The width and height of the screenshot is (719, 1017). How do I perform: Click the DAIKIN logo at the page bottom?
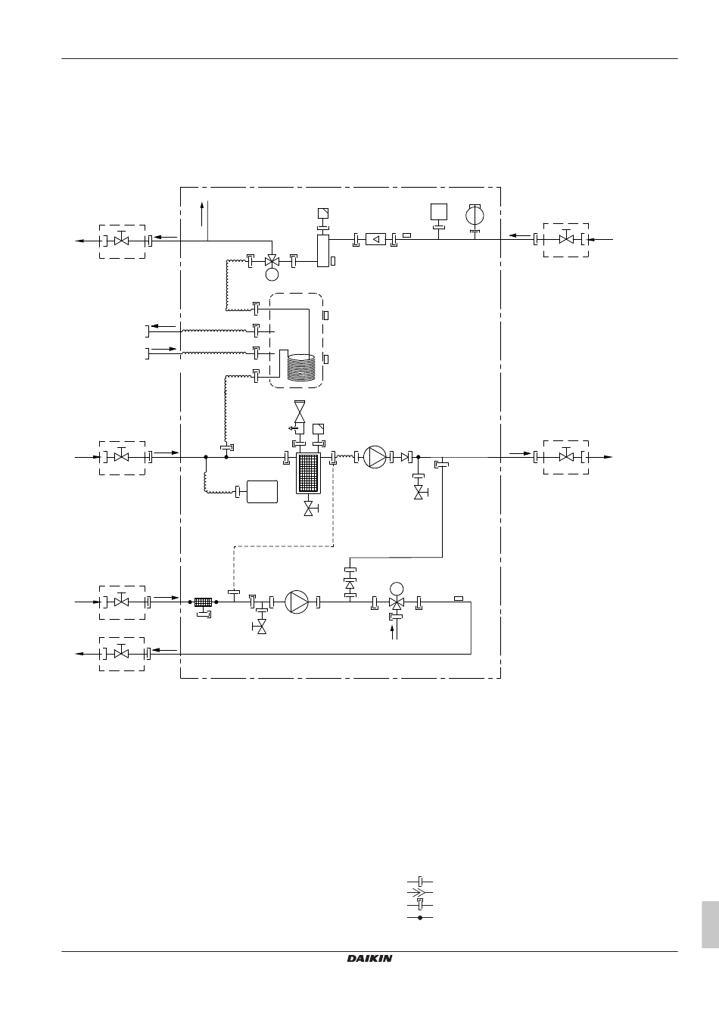coord(369,959)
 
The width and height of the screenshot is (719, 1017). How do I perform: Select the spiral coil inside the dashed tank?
coord(301,367)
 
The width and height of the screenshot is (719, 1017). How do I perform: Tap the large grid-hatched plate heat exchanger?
coord(308,473)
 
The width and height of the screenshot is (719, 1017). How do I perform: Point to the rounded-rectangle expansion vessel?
coord(262,492)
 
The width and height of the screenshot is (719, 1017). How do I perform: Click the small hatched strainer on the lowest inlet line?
coord(203,602)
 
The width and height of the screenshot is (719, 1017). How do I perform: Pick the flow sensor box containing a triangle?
coord(375,239)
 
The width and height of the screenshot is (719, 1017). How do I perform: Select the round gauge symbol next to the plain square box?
coord(475,215)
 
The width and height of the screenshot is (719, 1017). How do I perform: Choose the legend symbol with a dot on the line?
coord(420,918)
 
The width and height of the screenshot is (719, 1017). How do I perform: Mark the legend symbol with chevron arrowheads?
coord(420,893)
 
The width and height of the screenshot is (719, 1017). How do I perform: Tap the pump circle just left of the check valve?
coord(375,457)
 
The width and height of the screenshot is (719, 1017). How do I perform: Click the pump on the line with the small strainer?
coord(297,602)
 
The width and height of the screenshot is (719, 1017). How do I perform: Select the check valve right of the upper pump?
coord(405,457)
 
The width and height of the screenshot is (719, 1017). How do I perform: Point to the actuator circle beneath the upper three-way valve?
coord(272,274)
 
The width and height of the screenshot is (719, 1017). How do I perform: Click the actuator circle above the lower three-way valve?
coord(397,589)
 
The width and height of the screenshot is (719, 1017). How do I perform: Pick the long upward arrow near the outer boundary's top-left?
coord(201,214)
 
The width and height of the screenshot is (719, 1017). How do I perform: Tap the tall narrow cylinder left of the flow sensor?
coord(323,250)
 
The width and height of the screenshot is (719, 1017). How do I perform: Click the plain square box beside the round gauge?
coord(439,212)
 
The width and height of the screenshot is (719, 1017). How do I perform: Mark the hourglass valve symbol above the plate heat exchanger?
coord(300,412)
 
